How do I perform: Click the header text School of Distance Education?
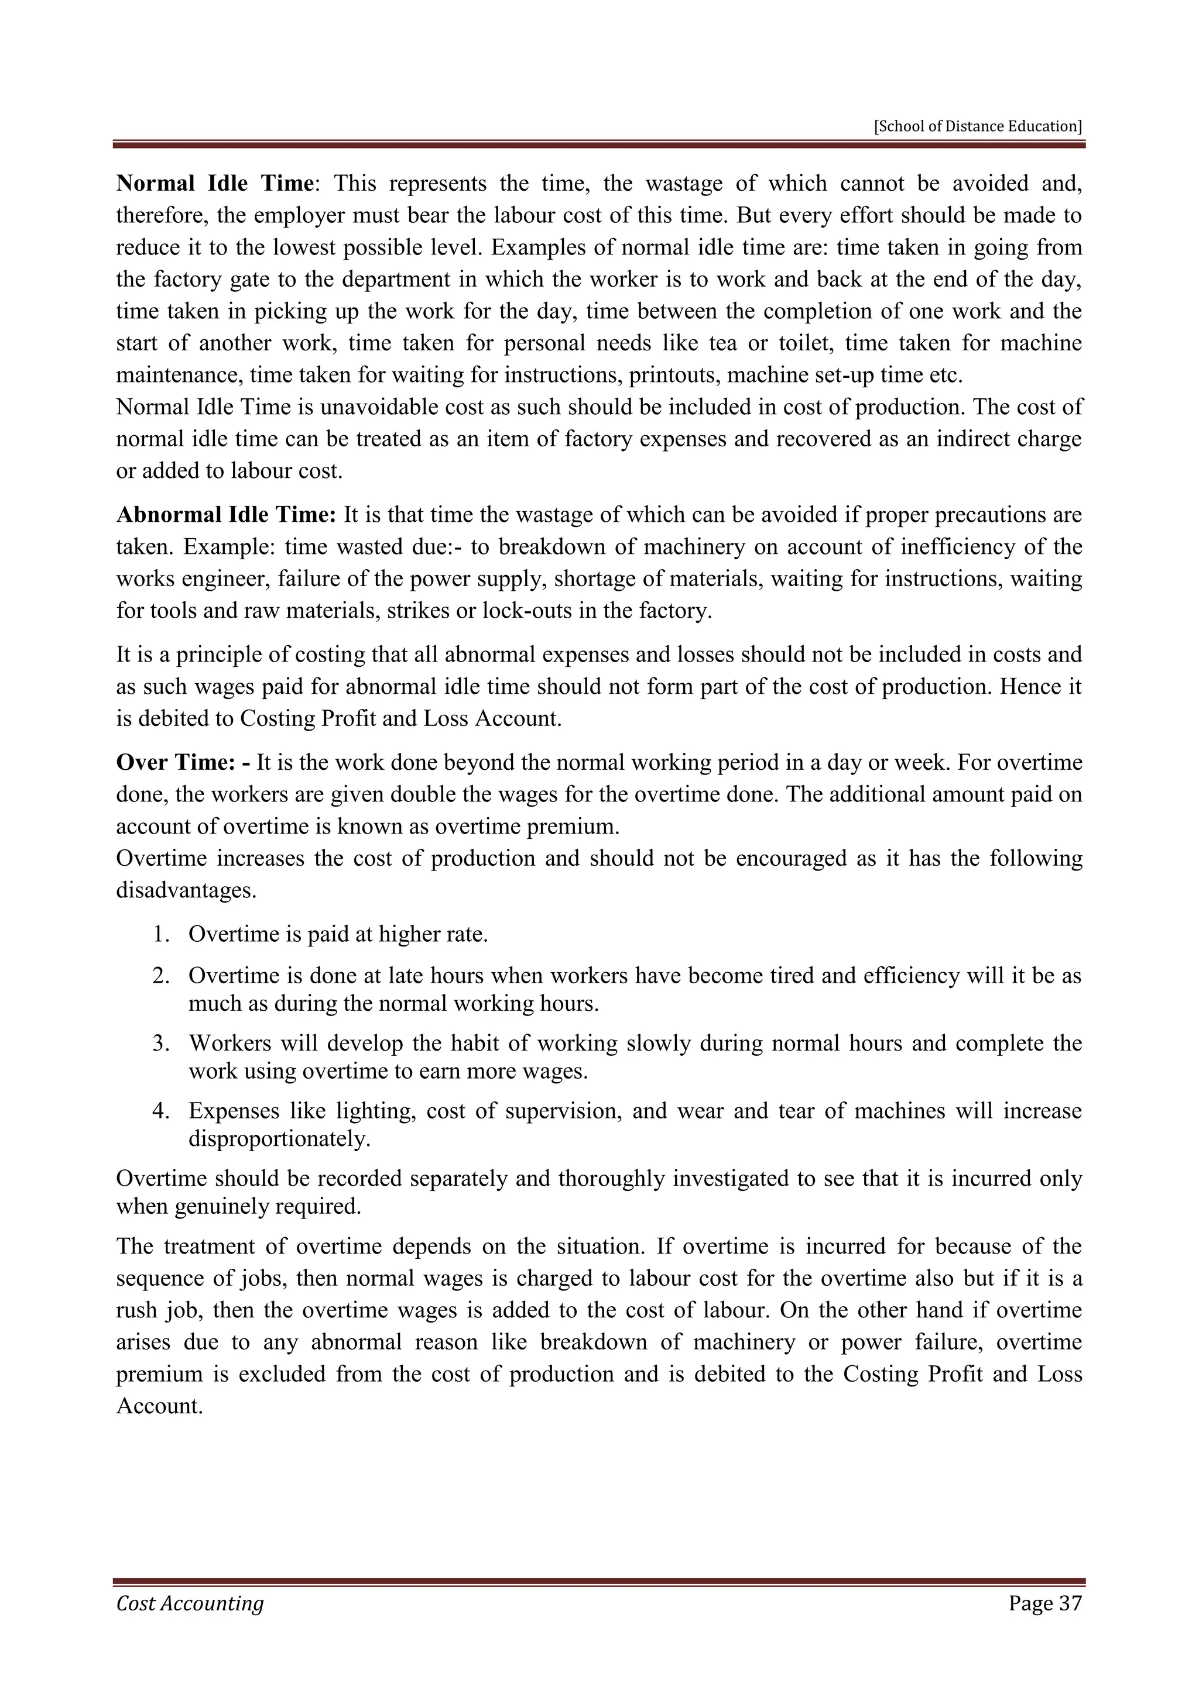[978, 126]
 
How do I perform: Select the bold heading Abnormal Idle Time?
[226, 514]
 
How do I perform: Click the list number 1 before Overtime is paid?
[160, 935]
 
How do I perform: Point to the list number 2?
[160, 976]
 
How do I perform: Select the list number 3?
[160, 1044]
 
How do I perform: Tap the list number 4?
[160, 1111]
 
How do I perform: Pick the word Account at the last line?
[159, 1406]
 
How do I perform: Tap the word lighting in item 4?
[376, 1111]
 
